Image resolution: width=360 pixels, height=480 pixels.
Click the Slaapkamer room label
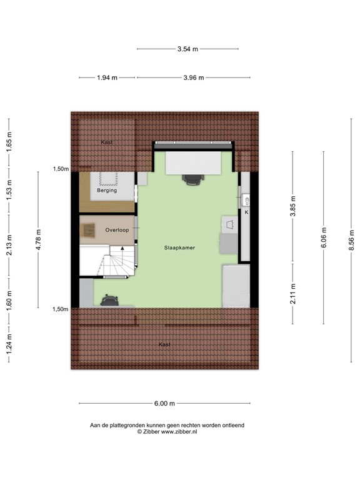pos(179,247)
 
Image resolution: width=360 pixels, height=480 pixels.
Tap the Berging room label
pos(107,191)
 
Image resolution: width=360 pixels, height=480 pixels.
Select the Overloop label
pos(117,230)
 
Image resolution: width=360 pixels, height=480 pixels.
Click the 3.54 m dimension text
pos(187,49)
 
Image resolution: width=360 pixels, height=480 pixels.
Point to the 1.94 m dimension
pos(106,77)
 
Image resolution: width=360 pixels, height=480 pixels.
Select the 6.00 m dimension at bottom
pos(164,403)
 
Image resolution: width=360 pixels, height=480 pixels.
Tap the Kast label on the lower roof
pos(164,344)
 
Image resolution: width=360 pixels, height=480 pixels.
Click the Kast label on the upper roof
pos(106,142)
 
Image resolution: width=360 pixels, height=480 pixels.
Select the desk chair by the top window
pos(193,179)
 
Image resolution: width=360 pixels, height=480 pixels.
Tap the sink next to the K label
pos(246,201)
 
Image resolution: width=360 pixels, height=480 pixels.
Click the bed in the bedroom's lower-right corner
pos(236,285)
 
